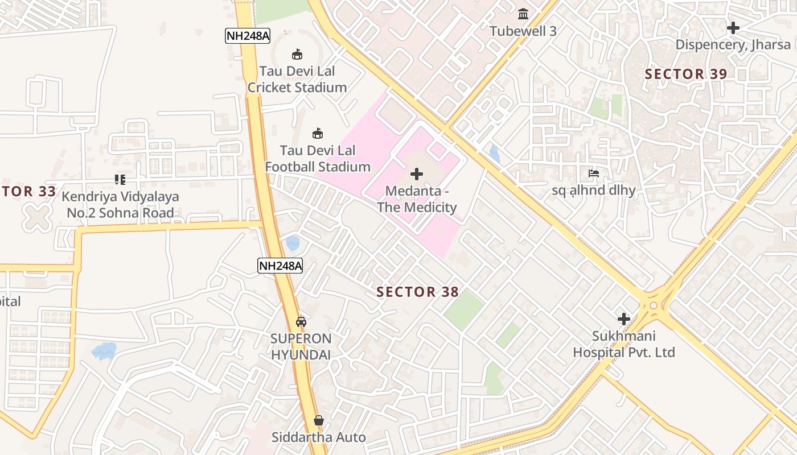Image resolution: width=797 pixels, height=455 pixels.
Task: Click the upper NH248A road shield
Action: coord(247,36)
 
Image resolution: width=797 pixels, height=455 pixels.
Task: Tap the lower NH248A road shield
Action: coord(280,266)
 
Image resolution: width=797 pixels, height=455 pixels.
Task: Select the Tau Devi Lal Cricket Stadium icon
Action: coord(297,55)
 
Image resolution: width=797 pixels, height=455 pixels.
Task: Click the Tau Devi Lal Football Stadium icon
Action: coord(318,134)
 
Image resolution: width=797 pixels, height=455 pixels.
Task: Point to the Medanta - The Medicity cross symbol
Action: coord(417,174)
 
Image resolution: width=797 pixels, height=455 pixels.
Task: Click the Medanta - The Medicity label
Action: coord(417,199)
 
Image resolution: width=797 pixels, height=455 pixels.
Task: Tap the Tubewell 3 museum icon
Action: coord(523,13)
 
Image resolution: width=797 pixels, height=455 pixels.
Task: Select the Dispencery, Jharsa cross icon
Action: coord(733,27)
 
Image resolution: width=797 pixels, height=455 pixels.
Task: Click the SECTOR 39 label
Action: coord(686,74)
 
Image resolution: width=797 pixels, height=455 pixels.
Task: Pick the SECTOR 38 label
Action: coord(417,292)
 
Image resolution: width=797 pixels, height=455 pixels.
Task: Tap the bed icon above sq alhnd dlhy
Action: coord(594,173)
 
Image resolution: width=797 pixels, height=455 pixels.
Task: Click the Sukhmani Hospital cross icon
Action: coord(624,319)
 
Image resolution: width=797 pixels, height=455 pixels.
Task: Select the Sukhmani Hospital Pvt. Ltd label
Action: coord(624,344)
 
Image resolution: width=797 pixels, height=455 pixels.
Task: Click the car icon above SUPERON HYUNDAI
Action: coord(301,321)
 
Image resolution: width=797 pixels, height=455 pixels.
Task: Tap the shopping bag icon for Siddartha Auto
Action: coord(319,421)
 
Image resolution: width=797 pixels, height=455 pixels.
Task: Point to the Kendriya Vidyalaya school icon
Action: coord(120,180)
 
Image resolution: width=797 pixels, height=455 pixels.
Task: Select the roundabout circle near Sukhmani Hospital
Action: coord(653,305)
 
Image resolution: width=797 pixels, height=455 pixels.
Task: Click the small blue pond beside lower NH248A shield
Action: coord(293,243)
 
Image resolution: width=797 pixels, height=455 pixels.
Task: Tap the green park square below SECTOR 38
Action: coord(463,309)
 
